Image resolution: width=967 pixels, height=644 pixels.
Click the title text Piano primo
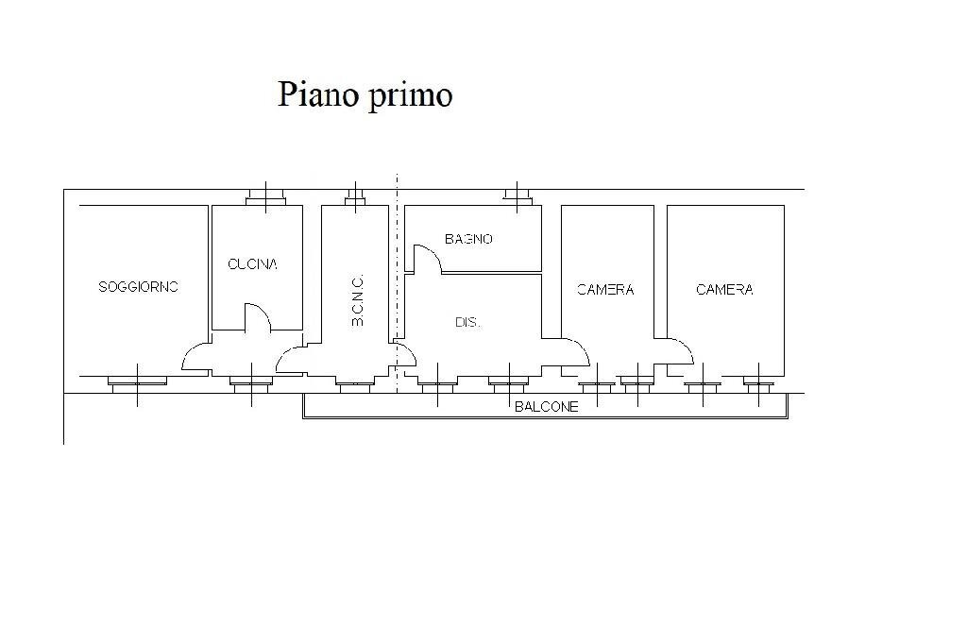pyautogui.click(x=365, y=94)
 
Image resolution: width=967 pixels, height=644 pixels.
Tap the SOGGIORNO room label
pyautogui.click(x=139, y=287)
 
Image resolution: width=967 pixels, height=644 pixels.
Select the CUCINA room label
pyautogui.click(x=252, y=264)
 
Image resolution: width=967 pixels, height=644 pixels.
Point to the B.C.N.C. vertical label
pyautogui.click(x=357, y=301)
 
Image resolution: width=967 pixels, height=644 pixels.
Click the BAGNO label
pyautogui.click(x=468, y=239)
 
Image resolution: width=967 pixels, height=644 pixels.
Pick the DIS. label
pyautogui.click(x=467, y=322)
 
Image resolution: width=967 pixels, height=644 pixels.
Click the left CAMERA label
pyautogui.click(x=605, y=290)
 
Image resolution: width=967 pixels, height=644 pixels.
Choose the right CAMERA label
pyautogui.click(x=724, y=290)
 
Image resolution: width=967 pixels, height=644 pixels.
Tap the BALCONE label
pyautogui.click(x=546, y=407)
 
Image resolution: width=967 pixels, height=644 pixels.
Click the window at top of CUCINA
pyautogui.click(x=266, y=197)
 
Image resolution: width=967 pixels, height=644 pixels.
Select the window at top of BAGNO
pyautogui.click(x=517, y=195)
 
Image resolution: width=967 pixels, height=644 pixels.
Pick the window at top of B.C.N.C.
pyautogui.click(x=355, y=196)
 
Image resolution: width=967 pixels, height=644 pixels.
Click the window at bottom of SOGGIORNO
pyautogui.click(x=138, y=382)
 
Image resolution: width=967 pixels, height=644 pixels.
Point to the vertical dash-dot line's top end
pyautogui.click(x=398, y=177)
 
